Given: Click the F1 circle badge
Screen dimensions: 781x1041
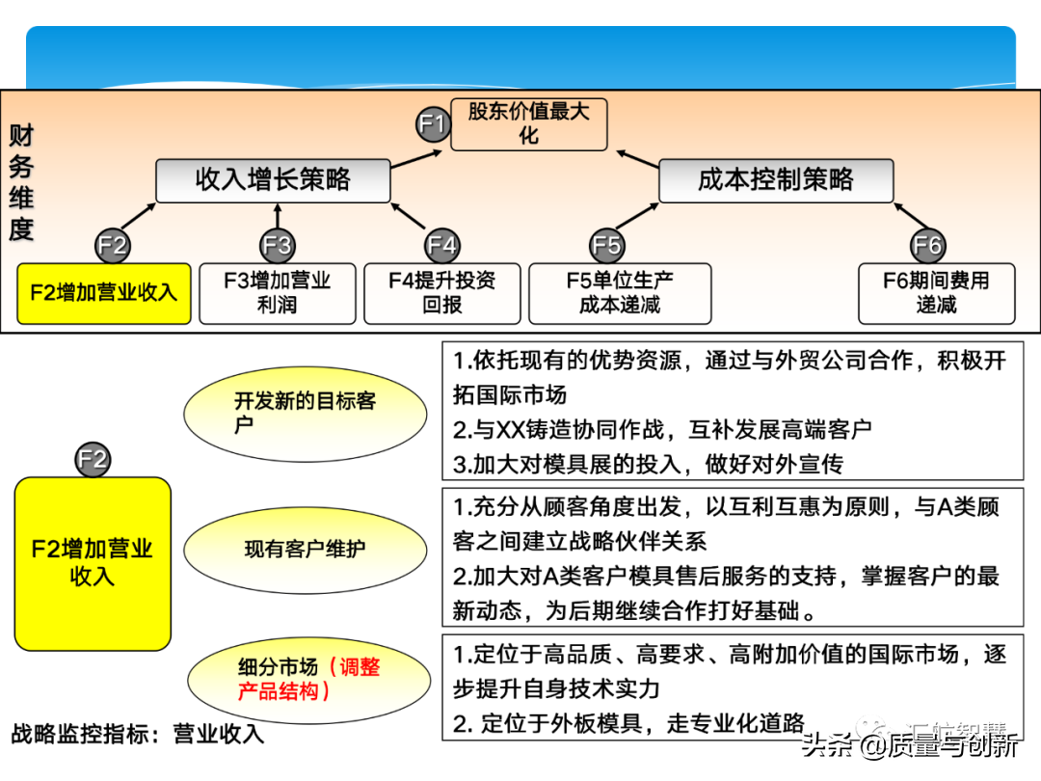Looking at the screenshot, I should tap(433, 123).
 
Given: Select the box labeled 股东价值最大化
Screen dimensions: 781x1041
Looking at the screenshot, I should tap(528, 123).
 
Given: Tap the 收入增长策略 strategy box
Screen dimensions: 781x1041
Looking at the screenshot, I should tap(273, 180).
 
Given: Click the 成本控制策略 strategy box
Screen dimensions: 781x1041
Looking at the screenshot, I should tap(776, 180).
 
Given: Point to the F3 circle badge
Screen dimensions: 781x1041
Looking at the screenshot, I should tap(277, 246).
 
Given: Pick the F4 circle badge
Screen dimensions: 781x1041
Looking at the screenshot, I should tap(441, 246).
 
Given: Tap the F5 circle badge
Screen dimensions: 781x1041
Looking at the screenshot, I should tap(606, 246).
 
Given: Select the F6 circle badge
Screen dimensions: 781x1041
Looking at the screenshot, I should tap(927, 246).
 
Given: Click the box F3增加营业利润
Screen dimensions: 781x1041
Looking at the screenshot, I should tap(278, 293).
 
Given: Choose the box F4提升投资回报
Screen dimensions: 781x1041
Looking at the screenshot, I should tap(442, 293).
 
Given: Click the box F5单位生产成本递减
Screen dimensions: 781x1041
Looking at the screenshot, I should tap(620, 293).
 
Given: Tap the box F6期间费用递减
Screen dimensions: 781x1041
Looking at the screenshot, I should tap(936, 293).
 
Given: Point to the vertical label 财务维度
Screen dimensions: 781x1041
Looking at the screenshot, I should tap(21, 182).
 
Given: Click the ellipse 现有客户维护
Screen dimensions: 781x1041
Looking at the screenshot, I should tap(305, 550).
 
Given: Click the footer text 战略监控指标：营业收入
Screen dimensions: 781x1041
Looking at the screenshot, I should tap(137, 734).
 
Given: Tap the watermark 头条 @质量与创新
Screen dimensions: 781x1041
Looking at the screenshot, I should tap(911, 746).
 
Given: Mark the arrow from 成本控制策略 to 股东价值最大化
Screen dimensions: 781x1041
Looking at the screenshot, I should tap(638, 159).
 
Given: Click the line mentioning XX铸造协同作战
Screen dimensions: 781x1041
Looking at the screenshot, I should tap(662, 429).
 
